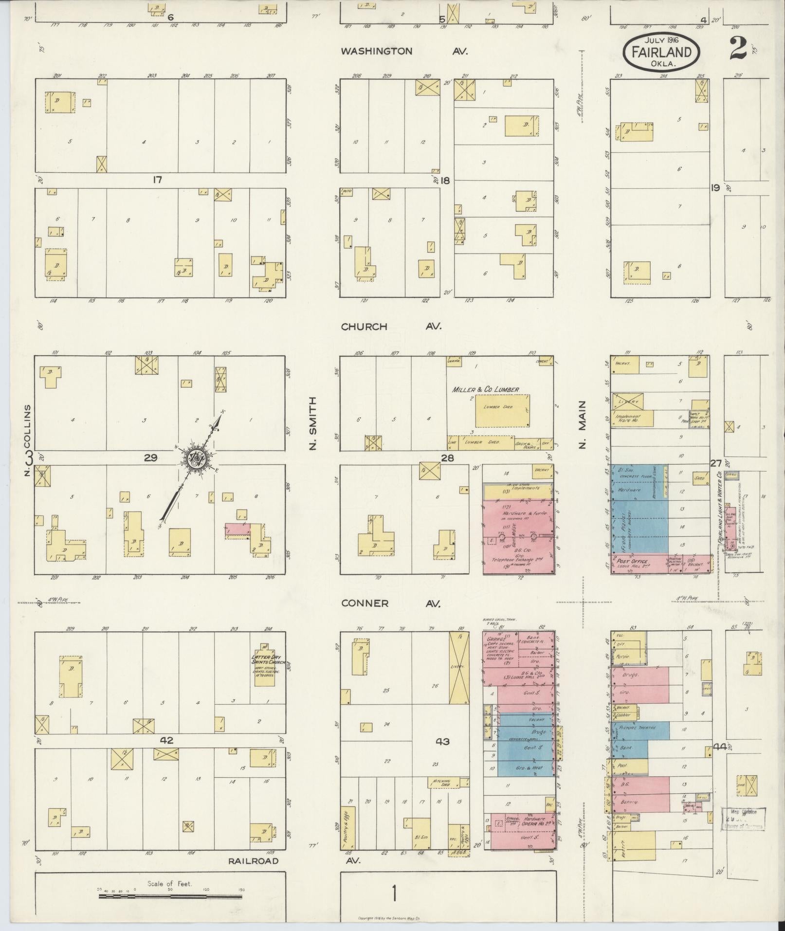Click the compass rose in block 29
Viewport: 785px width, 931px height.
[197, 458]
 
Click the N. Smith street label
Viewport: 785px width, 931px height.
[312, 423]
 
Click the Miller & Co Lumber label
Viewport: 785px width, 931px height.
[485, 389]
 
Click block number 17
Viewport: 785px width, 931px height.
[157, 180]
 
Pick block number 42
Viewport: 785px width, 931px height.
[166, 740]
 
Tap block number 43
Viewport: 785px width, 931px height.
[443, 742]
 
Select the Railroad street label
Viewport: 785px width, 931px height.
[254, 861]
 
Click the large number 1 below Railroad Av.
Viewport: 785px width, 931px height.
[394, 894]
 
